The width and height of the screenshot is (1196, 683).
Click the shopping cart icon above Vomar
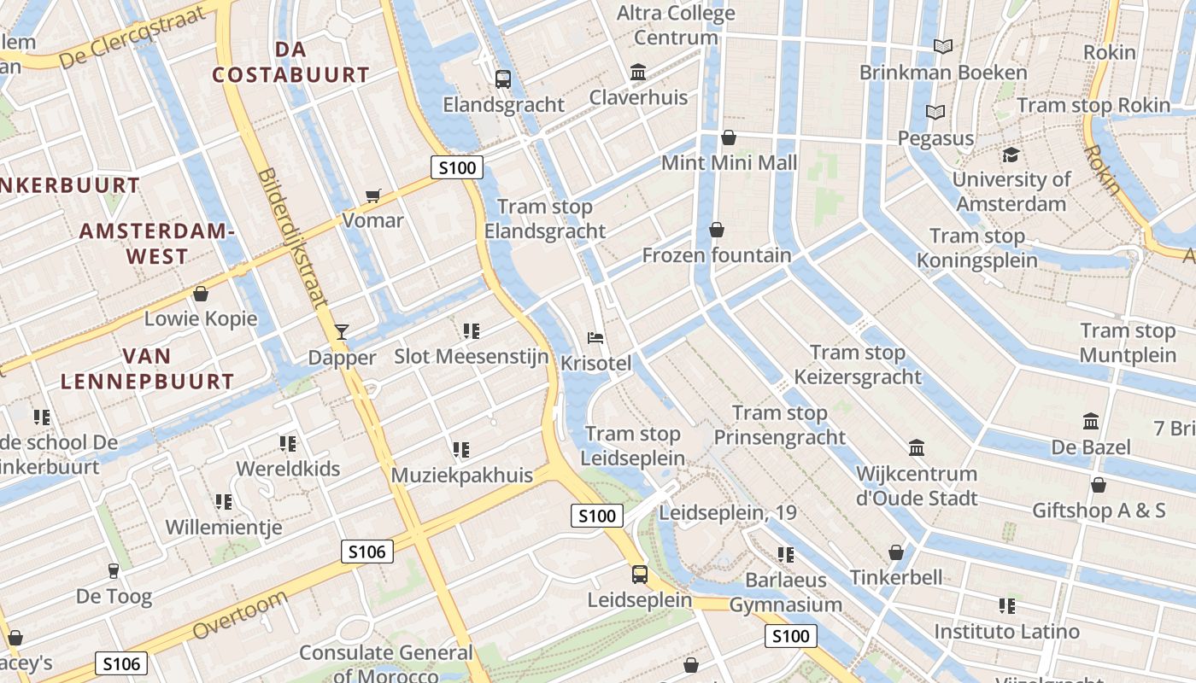click(x=372, y=196)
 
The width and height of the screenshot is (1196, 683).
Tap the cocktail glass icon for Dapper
click(x=342, y=331)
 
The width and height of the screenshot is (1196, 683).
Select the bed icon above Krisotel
click(x=595, y=338)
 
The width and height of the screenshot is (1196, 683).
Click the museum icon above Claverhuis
click(x=638, y=73)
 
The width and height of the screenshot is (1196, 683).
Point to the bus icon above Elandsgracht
click(x=503, y=79)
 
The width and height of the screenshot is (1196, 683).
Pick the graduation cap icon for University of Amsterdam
click(x=1011, y=155)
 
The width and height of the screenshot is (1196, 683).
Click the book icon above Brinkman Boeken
click(x=943, y=46)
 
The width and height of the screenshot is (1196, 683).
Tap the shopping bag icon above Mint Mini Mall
click(x=729, y=137)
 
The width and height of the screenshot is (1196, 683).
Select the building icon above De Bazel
click(x=1091, y=422)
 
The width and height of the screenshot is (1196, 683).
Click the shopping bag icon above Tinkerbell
click(x=896, y=552)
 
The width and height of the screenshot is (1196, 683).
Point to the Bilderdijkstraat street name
click(x=292, y=237)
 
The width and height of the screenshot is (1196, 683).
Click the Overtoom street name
click(x=240, y=615)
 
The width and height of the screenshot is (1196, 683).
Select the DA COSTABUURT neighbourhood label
click(x=290, y=62)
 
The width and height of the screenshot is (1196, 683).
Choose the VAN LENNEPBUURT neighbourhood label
click(x=147, y=369)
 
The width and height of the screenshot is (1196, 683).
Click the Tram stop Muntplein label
click(x=1128, y=342)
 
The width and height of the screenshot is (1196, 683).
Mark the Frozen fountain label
click(x=717, y=255)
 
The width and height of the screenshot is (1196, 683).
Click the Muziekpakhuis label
click(x=461, y=475)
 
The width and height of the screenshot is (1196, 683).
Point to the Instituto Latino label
click(x=1006, y=632)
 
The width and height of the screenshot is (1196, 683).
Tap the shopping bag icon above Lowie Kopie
click(x=201, y=294)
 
